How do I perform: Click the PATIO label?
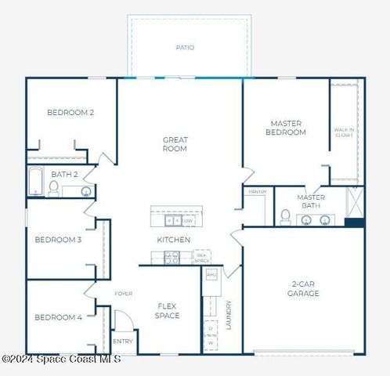pyautogui.click(x=185, y=48)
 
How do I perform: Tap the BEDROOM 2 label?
pyautogui.click(x=70, y=113)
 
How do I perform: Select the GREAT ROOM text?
pyautogui.click(x=175, y=144)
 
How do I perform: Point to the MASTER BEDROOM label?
pyautogui.click(x=286, y=128)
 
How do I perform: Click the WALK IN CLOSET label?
pyautogui.click(x=344, y=132)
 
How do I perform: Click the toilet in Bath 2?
pyautogui.click(x=54, y=188)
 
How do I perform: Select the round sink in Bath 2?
pyautogui.click(x=85, y=190)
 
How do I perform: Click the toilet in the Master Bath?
pyautogui.click(x=286, y=216)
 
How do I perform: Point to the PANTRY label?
pyautogui.click(x=258, y=192)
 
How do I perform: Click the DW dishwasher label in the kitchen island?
pyautogui.click(x=189, y=221)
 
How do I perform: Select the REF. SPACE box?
pyautogui.click(x=201, y=256)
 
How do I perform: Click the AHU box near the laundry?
pyautogui.click(x=211, y=276)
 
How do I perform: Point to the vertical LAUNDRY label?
pyautogui.click(x=229, y=314)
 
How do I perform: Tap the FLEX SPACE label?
pyautogui.click(x=167, y=311)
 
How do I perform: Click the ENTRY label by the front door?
pyautogui.click(x=123, y=342)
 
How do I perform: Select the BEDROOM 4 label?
pyautogui.click(x=58, y=317)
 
